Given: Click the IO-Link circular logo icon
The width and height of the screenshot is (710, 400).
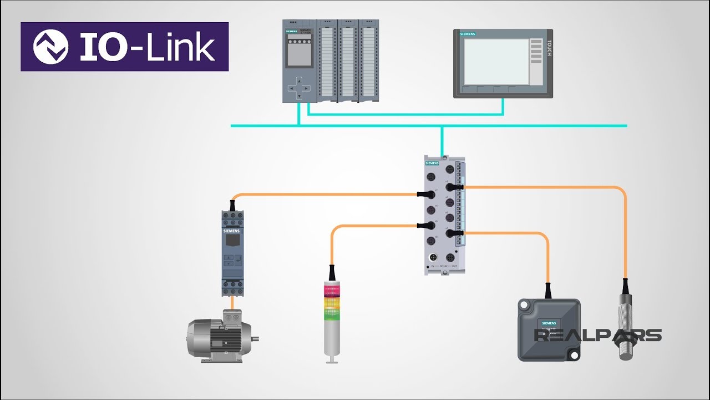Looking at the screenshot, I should [50, 47].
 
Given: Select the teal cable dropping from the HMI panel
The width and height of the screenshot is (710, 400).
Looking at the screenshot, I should [503, 107].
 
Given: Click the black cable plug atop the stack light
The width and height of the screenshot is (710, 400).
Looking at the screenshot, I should [331, 273].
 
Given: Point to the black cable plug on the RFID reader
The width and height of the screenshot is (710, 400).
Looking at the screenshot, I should [548, 291].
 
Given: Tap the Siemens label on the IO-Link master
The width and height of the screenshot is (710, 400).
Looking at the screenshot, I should [432, 163].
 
